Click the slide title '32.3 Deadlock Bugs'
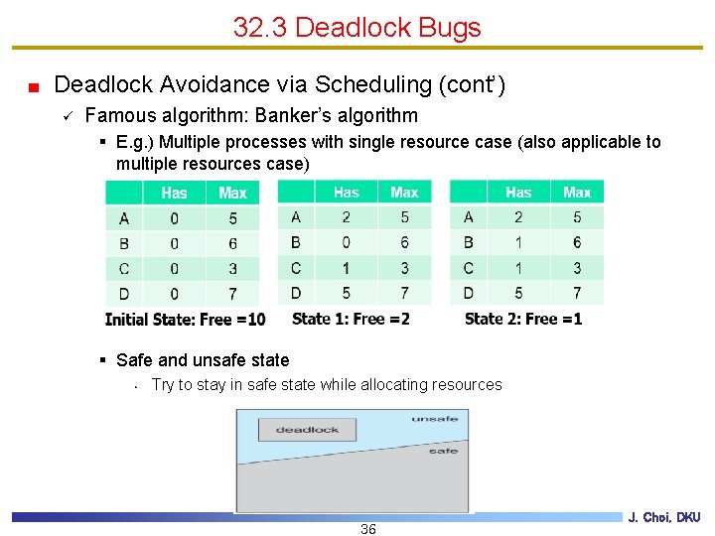357,27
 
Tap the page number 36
367,529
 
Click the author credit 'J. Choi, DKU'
664,517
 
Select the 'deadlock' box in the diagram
307,430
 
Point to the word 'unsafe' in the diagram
435,419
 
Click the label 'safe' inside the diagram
443,451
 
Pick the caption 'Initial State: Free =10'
185,319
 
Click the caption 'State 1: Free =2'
351,318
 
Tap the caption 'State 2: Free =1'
522,318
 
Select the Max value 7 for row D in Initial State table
232,294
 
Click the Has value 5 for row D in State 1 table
346,293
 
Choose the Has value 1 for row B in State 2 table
518,242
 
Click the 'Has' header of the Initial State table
174,193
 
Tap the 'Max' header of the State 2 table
577,192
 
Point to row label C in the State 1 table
296,268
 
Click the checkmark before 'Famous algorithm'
66,116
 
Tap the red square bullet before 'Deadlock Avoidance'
33,86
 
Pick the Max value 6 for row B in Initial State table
232,243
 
